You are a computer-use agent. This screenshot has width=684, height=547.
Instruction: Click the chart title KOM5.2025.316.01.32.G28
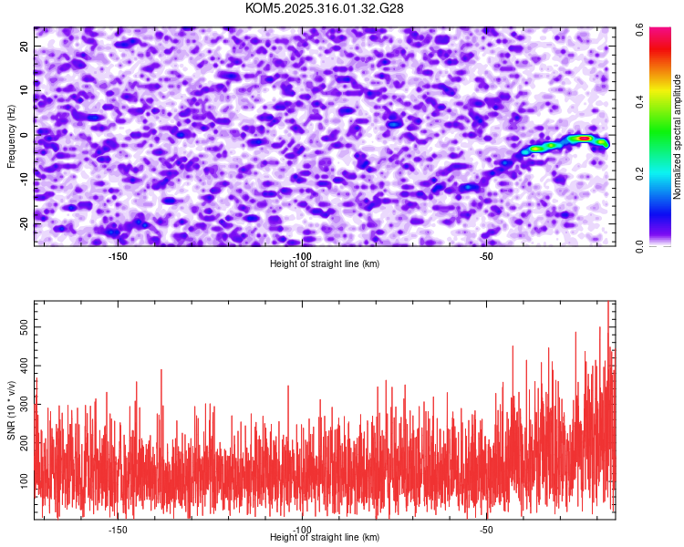(x=325, y=8)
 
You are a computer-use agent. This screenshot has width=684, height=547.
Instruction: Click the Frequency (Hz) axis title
(x=11, y=137)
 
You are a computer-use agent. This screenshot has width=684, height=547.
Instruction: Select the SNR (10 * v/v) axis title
(x=11, y=409)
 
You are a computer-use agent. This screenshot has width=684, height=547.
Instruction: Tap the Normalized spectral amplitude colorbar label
(x=678, y=137)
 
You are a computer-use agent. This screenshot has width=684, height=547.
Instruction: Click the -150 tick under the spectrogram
(x=118, y=256)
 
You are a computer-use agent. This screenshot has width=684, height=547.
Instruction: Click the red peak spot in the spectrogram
(x=584, y=139)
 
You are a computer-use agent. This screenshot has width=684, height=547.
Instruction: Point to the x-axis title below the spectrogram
(x=325, y=264)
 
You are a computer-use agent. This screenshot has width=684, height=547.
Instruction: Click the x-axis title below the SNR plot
(x=325, y=538)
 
